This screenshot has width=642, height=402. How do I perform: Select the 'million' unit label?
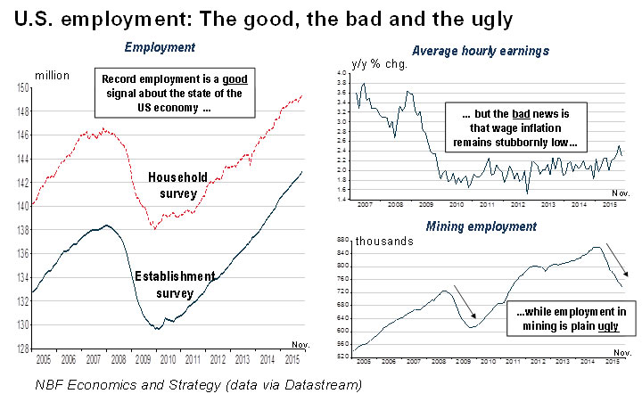[52, 75]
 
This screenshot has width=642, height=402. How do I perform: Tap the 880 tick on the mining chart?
[344, 240]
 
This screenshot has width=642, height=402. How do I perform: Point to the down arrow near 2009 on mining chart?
[467, 300]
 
